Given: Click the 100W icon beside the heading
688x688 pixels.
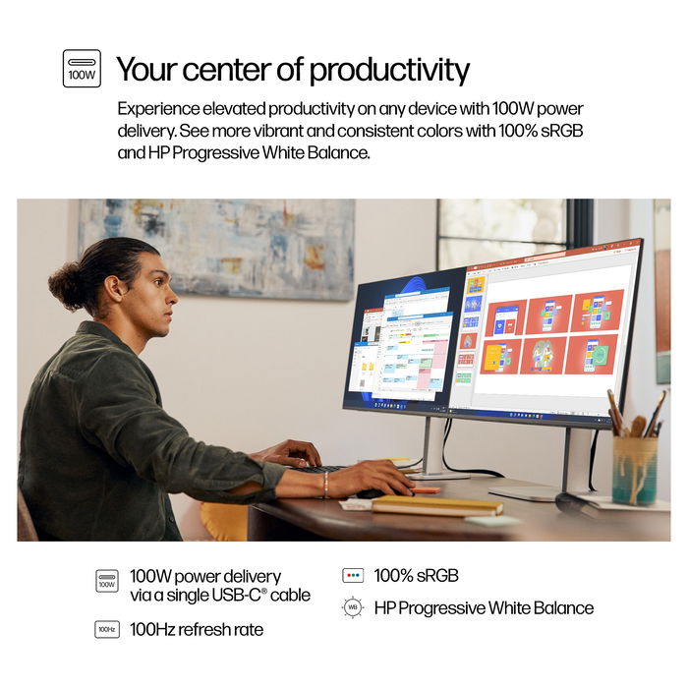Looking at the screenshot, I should (82, 69).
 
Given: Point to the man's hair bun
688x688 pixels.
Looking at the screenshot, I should (67, 284).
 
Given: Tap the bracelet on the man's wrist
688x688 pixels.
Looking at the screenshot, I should (324, 484).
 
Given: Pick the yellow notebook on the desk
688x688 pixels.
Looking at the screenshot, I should (436, 505).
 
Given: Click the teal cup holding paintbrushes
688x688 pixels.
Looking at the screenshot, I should (634, 470).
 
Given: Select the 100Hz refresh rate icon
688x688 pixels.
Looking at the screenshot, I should (107, 629).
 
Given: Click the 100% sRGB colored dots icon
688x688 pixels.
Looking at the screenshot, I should (353, 576).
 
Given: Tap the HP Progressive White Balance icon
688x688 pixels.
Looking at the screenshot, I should (353, 607).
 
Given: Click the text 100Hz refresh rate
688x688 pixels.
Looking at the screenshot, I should (197, 629).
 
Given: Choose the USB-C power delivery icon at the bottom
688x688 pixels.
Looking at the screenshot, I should (107, 581).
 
